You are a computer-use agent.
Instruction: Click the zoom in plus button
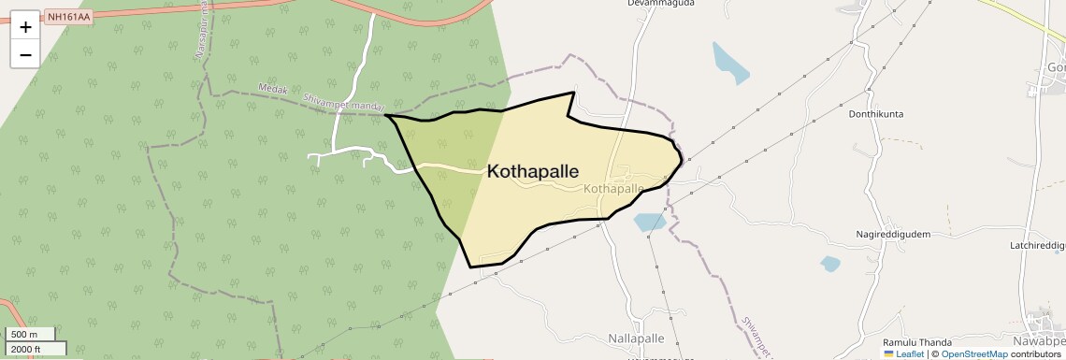pos(25,26)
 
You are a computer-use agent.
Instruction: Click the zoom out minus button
pos(25,54)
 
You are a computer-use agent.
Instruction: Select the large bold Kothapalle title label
pos(532,172)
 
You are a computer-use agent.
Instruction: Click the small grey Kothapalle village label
pos(613,189)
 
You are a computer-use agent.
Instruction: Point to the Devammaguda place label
pos(660,4)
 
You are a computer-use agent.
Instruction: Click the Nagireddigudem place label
pos(893,234)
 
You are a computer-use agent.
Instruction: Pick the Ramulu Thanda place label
pos(917,342)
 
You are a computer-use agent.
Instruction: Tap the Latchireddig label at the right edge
pos(1037,245)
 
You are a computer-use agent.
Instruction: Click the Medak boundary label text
pos(273,92)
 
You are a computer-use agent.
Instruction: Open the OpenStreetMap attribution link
pos(972,354)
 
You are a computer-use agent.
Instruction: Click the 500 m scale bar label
pos(26,335)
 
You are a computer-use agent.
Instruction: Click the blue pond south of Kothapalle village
pos(648,223)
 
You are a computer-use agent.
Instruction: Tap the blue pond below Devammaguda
pos(729,63)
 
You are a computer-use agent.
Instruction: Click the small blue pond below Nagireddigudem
pos(829,264)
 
